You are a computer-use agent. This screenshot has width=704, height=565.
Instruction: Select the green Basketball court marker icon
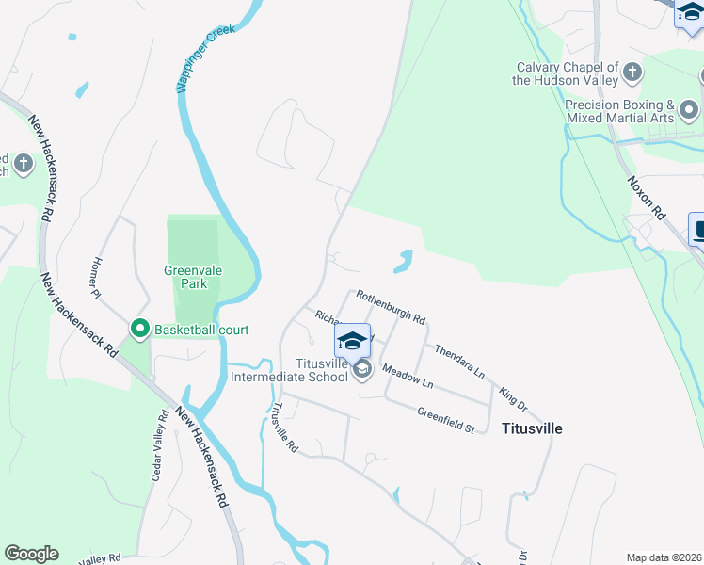[x=140, y=329]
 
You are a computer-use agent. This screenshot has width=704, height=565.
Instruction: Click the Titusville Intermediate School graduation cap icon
[x=352, y=340]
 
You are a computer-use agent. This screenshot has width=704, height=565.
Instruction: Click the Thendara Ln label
[x=459, y=361]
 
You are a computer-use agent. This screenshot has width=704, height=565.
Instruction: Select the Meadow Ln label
[x=408, y=378]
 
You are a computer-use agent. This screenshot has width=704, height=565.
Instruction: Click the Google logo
[x=31, y=554]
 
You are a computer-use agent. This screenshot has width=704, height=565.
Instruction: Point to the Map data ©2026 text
[x=663, y=557]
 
